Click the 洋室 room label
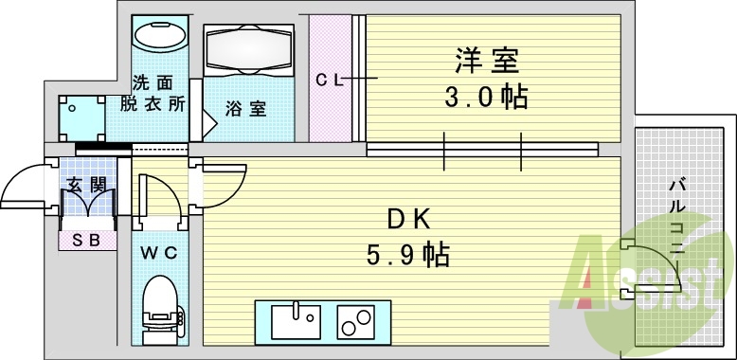tap(488, 62)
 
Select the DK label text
tap(408, 219)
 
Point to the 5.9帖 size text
tap(408, 254)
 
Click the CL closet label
tap(329, 81)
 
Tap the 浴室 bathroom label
tap(245, 109)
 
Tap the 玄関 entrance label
tap(85, 186)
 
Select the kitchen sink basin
tap(297, 322)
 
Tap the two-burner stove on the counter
tap(356, 322)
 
